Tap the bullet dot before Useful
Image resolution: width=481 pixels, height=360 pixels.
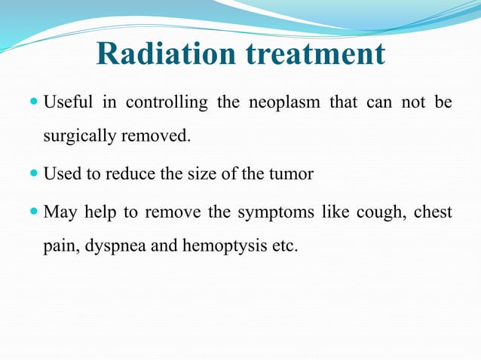pos(35,102)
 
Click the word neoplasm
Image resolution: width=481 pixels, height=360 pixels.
pos(284,102)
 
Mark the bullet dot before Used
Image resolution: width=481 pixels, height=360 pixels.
pos(35,175)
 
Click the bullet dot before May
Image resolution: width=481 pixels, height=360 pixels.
pos(35,212)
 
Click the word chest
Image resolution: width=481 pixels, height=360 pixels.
pos(433,212)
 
